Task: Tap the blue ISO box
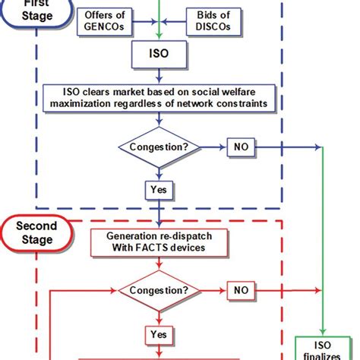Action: (159, 55)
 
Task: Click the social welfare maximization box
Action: (159, 97)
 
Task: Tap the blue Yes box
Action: (159, 188)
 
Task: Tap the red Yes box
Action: (159, 333)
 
